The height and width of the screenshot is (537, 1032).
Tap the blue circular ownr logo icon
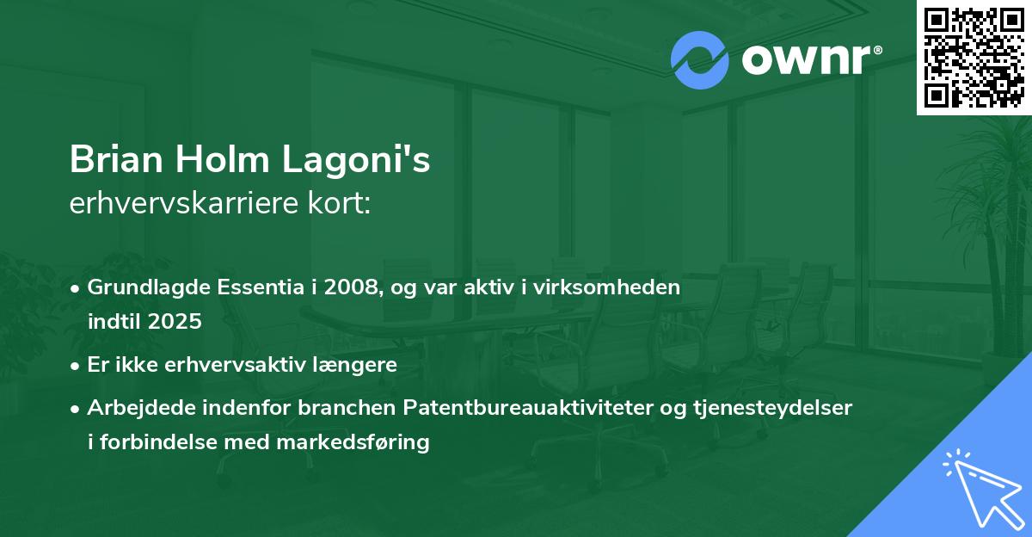tap(700, 60)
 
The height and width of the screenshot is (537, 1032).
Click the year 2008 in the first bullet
tap(351, 287)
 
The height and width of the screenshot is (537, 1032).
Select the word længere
tap(359, 364)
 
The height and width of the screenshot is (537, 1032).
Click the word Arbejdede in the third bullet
tap(130, 408)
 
